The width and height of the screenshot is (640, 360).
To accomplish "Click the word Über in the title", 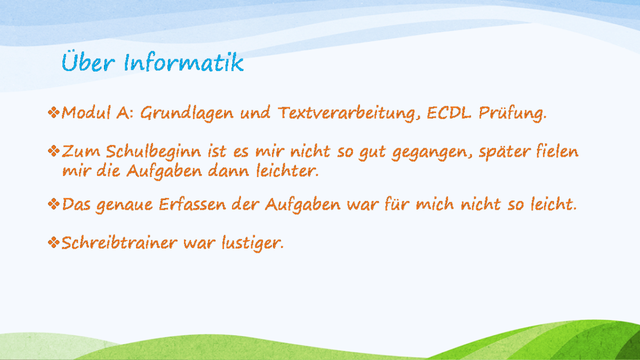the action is tap(89, 62).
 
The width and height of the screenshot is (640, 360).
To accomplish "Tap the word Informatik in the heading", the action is tap(183, 62).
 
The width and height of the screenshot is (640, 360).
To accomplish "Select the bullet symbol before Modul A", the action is tap(54, 113).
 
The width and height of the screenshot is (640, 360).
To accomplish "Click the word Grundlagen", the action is tap(187, 114).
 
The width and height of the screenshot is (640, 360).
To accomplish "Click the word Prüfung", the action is tap(513, 114).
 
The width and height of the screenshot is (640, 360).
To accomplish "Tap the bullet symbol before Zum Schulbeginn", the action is tap(54, 151).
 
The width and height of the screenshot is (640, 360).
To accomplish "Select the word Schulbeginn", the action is tap(154, 152).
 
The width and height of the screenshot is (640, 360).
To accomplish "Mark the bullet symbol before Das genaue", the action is tap(54, 204).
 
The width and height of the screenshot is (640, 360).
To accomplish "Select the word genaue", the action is tap(124, 206).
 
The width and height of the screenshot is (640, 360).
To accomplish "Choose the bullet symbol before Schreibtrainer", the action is tap(54, 243).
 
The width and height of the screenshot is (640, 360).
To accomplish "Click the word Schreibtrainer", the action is tap(119, 243).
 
